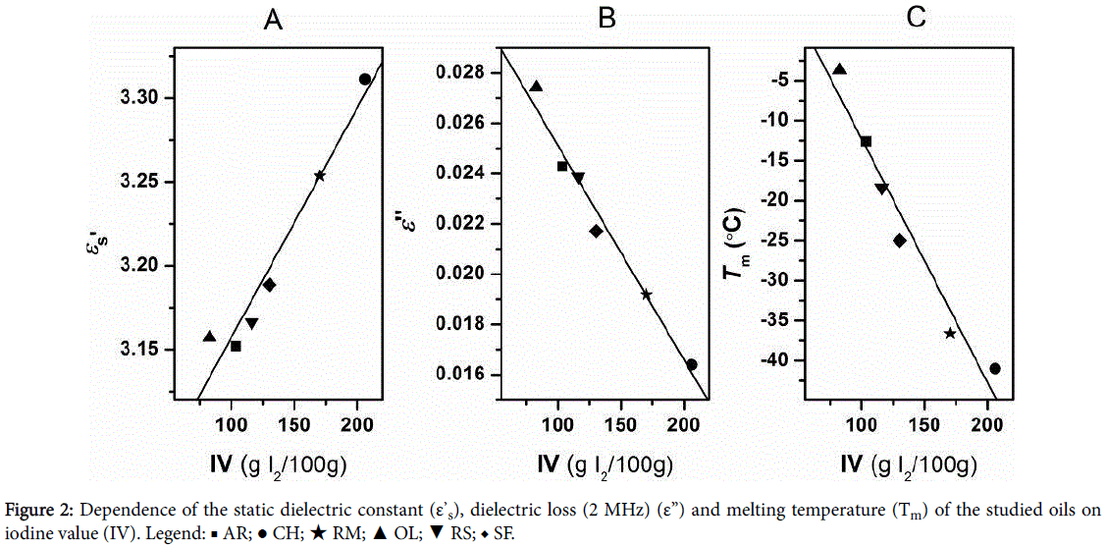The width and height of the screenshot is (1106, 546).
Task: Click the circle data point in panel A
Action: pos(364,79)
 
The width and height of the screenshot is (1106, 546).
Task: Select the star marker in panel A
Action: pos(320,176)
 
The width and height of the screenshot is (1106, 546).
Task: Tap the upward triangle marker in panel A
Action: pos(209,337)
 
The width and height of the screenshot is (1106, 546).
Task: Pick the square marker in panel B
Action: pos(562,166)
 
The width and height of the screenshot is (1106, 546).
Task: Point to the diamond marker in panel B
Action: pos(596,231)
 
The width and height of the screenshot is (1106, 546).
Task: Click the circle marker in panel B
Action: pos(692,364)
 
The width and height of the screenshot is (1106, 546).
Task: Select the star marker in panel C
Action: pos(950,334)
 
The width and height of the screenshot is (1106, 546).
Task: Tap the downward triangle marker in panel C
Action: pos(881,189)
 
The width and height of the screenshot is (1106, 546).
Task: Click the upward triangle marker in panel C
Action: pos(839,69)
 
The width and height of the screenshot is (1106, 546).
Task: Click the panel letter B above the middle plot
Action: pos(606,20)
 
